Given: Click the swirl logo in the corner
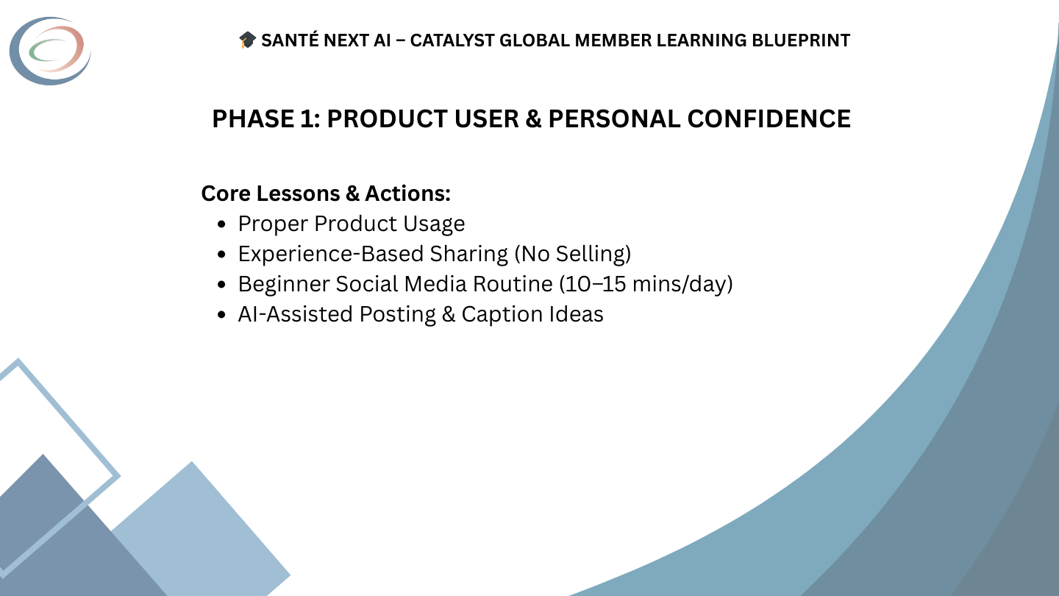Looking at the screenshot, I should point(50,51).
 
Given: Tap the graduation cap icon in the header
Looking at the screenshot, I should point(247,41).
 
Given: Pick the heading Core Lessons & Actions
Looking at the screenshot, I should point(326,194).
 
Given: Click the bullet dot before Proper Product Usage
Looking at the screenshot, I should point(222,224).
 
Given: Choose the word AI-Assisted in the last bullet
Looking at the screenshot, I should point(295,314).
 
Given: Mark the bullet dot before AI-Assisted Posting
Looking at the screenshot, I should point(222,315).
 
